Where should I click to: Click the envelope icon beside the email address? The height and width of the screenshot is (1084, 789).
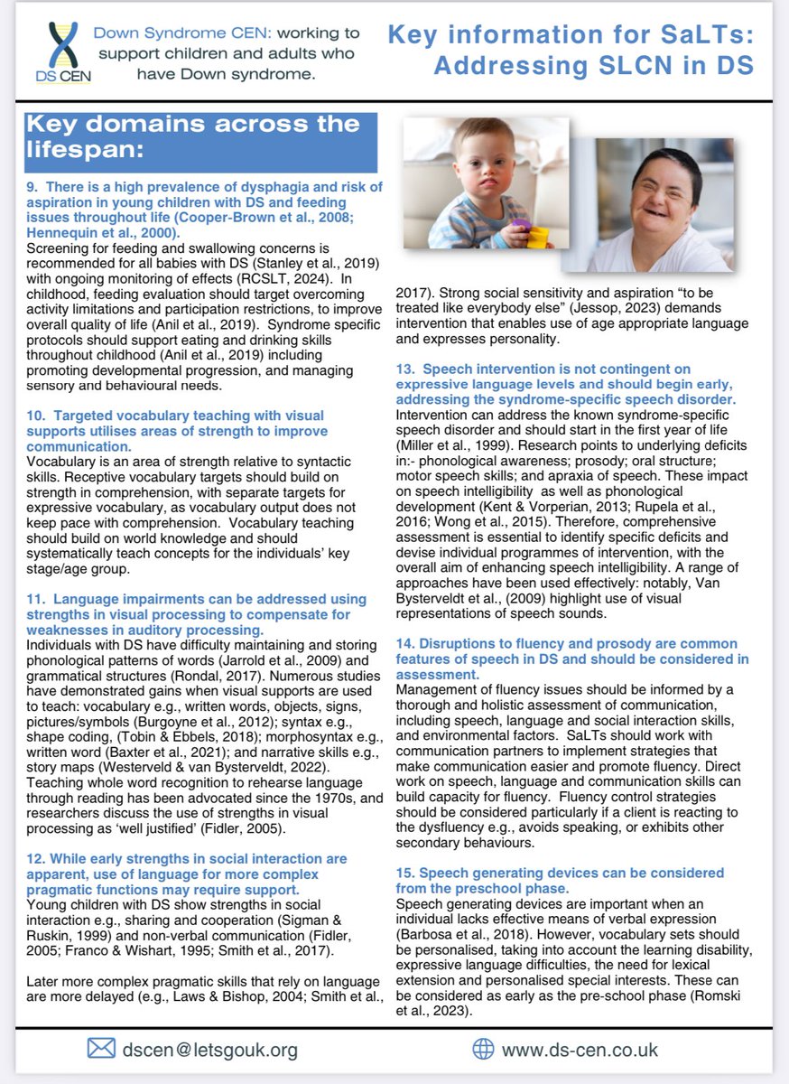(x=100, y=1048)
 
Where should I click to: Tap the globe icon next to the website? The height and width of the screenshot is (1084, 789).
(x=484, y=1049)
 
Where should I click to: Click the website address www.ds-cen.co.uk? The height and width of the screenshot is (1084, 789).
(x=580, y=1050)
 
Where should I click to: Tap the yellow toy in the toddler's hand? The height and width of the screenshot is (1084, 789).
(x=538, y=238)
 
